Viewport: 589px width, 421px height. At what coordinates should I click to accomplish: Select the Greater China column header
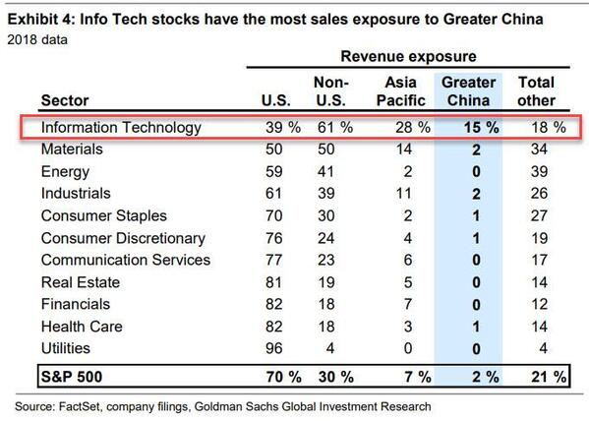pyautogui.click(x=468, y=90)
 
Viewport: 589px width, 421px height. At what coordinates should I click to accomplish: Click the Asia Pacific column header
pyautogui.click(x=402, y=90)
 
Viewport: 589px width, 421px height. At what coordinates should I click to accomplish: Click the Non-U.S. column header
pyautogui.click(x=330, y=90)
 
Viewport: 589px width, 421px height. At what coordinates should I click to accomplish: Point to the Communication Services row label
pyautogui.click(x=125, y=260)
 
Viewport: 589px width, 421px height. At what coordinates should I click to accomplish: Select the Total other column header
pyautogui.click(x=536, y=90)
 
